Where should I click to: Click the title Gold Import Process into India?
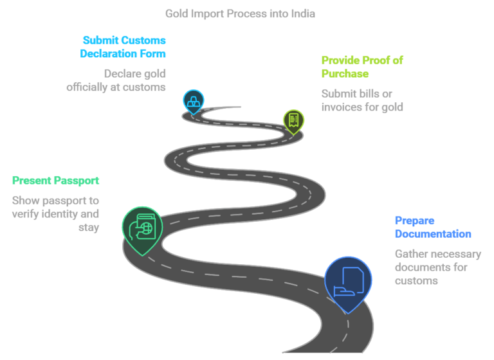tap(240, 14)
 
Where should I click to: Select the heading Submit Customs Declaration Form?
tap(123, 47)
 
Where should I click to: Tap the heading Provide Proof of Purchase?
tap(361, 67)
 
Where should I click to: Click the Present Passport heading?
tap(55, 181)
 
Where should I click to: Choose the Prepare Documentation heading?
tap(432, 227)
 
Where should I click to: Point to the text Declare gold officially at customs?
tap(116, 80)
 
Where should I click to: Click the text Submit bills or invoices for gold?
tap(361, 100)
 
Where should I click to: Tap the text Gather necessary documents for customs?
tap(437, 267)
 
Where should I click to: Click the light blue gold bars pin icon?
tap(193, 100)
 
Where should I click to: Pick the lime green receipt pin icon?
tap(293, 120)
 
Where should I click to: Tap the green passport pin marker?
tap(142, 228)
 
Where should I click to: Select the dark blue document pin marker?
tap(347, 281)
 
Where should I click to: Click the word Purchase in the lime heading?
tap(345, 74)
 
